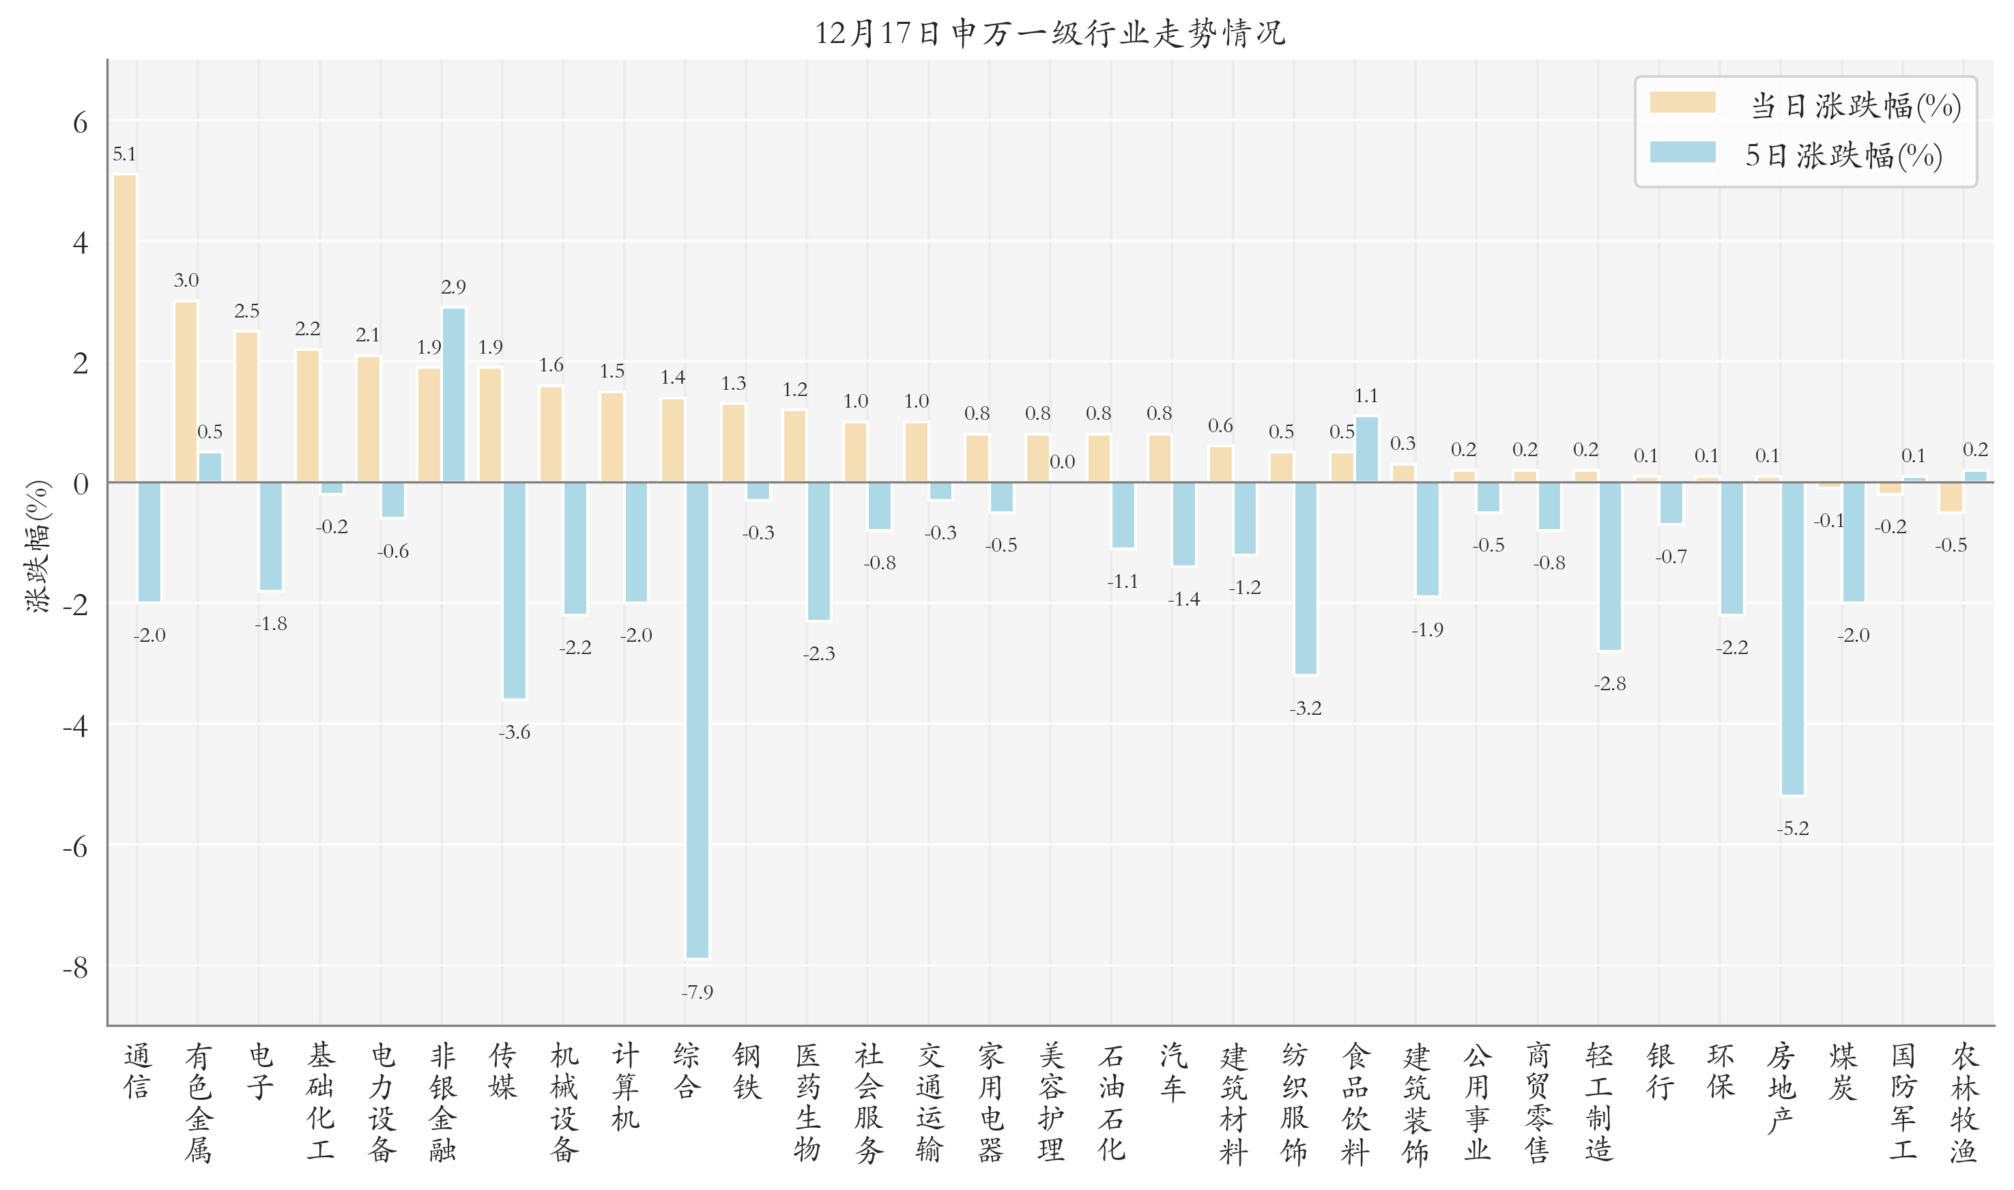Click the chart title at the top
click(x=1050, y=33)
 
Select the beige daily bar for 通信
click(x=125, y=328)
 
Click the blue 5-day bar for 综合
click(x=697, y=720)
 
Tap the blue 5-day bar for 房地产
click(x=1793, y=638)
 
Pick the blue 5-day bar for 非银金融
click(x=454, y=395)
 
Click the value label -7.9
click(x=697, y=992)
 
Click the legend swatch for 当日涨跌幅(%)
click(x=1682, y=102)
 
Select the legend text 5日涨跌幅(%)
click(x=1843, y=155)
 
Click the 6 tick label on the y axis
click(x=80, y=123)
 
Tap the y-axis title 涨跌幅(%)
click(x=38, y=546)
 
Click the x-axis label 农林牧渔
click(x=1964, y=1103)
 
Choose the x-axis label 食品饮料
click(x=1355, y=1103)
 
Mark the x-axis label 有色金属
click(x=198, y=1103)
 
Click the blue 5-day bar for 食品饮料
click(x=1366, y=449)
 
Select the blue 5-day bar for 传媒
click(x=515, y=590)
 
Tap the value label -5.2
click(x=1793, y=828)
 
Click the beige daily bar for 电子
click(x=247, y=406)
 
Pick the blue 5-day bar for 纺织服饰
click(x=1306, y=578)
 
